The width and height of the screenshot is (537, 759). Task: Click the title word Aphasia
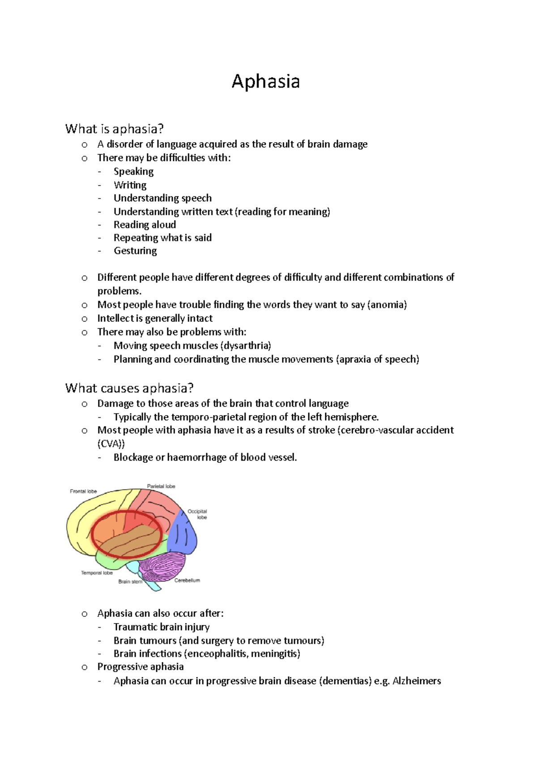(x=265, y=82)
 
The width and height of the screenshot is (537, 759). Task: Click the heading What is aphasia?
(x=114, y=129)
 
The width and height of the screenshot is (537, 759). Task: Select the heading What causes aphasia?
(x=129, y=388)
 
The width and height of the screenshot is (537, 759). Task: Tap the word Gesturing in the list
(x=135, y=251)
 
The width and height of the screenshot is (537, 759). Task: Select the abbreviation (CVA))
(x=111, y=444)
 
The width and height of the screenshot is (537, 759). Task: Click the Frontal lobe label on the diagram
(x=83, y=491)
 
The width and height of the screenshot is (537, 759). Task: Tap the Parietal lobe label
(x=161, y=486)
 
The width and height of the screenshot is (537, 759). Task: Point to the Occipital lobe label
(x=197, y=514)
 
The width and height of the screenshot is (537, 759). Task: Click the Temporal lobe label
(x=97, y=572)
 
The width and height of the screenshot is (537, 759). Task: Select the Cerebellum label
(x=187, y=580)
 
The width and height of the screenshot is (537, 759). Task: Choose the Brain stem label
(x=130, y=581)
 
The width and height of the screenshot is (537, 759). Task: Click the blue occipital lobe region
(x=183, y=532)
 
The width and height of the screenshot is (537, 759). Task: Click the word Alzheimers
(x=417, y=681)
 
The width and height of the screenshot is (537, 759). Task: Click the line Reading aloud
(x=145, y=225)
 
